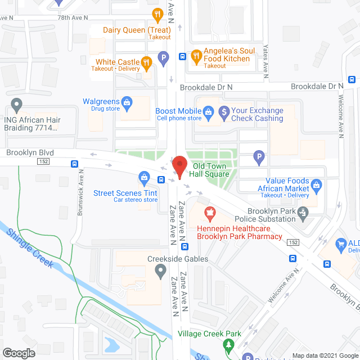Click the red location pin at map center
179,167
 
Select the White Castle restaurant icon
146,62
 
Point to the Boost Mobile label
178,111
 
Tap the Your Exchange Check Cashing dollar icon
224,111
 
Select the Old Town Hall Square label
210,170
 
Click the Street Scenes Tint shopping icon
145,178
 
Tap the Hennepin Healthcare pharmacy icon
209,213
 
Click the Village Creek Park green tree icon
228,343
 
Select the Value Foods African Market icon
316,184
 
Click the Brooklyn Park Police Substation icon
304,212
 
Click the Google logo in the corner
19,353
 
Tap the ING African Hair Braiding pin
16,104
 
